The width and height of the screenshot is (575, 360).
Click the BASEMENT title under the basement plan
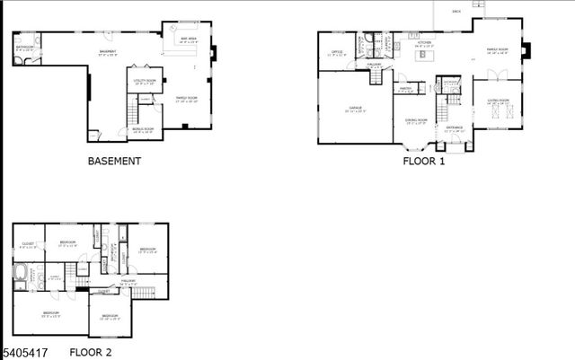(x=114, y=162)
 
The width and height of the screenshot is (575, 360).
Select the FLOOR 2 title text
(x=91, y=353)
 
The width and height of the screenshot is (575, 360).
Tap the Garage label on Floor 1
(x=356, y=110)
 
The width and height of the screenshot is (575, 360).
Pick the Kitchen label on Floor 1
(x=425, y=42)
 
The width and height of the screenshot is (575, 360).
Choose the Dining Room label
(x=415, y=119)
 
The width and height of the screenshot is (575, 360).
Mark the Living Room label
(x=498, y=100)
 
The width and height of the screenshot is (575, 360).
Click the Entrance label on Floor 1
(x=455, y=127)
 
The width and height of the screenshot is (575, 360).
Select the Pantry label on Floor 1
(x=407, y=88)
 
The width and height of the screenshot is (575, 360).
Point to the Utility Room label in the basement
(x=145, y=81)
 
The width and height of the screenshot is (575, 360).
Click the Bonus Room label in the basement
(x=143, y=129)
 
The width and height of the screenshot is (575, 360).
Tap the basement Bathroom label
(x=24, y=48)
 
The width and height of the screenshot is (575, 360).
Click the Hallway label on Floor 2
(x=128, y=281)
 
